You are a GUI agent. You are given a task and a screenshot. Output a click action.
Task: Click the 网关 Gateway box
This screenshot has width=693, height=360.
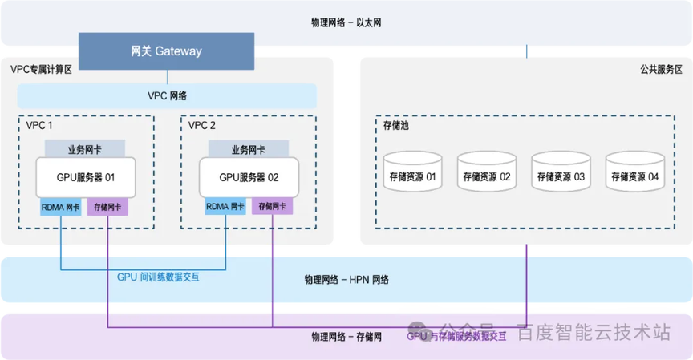click(x=166, y=51)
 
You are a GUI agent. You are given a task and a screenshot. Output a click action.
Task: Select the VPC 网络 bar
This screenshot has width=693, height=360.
click(x=167, y=96)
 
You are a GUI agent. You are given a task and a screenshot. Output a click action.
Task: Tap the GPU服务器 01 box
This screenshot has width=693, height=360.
click(x=85, y=177)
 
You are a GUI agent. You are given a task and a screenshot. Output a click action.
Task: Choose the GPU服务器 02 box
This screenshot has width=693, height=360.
click(x=249, y=177)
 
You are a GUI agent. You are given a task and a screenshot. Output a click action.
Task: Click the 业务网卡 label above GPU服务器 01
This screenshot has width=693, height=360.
click(x=85, y=149)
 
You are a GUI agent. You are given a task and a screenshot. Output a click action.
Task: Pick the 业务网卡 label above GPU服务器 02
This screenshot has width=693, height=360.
click(x=249, y=149)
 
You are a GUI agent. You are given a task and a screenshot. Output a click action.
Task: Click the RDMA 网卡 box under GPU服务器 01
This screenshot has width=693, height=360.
click(x=61, y=207)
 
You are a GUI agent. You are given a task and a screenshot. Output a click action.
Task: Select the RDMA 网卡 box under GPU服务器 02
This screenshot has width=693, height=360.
click(x=225, y=207)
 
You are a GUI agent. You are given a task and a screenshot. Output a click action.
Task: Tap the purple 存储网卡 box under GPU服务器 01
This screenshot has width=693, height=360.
click(x=107, y=207)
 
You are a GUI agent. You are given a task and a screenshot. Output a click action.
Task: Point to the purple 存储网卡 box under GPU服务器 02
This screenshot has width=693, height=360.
click(x=272, y=207)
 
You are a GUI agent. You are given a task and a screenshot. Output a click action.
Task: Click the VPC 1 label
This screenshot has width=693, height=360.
click(x=40, y=126)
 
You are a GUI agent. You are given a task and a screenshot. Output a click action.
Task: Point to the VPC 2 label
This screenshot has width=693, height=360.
click(x=202, y=126)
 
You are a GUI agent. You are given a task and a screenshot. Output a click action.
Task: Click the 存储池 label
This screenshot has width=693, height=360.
click(x=396, y=127)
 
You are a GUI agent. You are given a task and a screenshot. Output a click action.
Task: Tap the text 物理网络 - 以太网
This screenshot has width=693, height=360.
click(x=346, y=22)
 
